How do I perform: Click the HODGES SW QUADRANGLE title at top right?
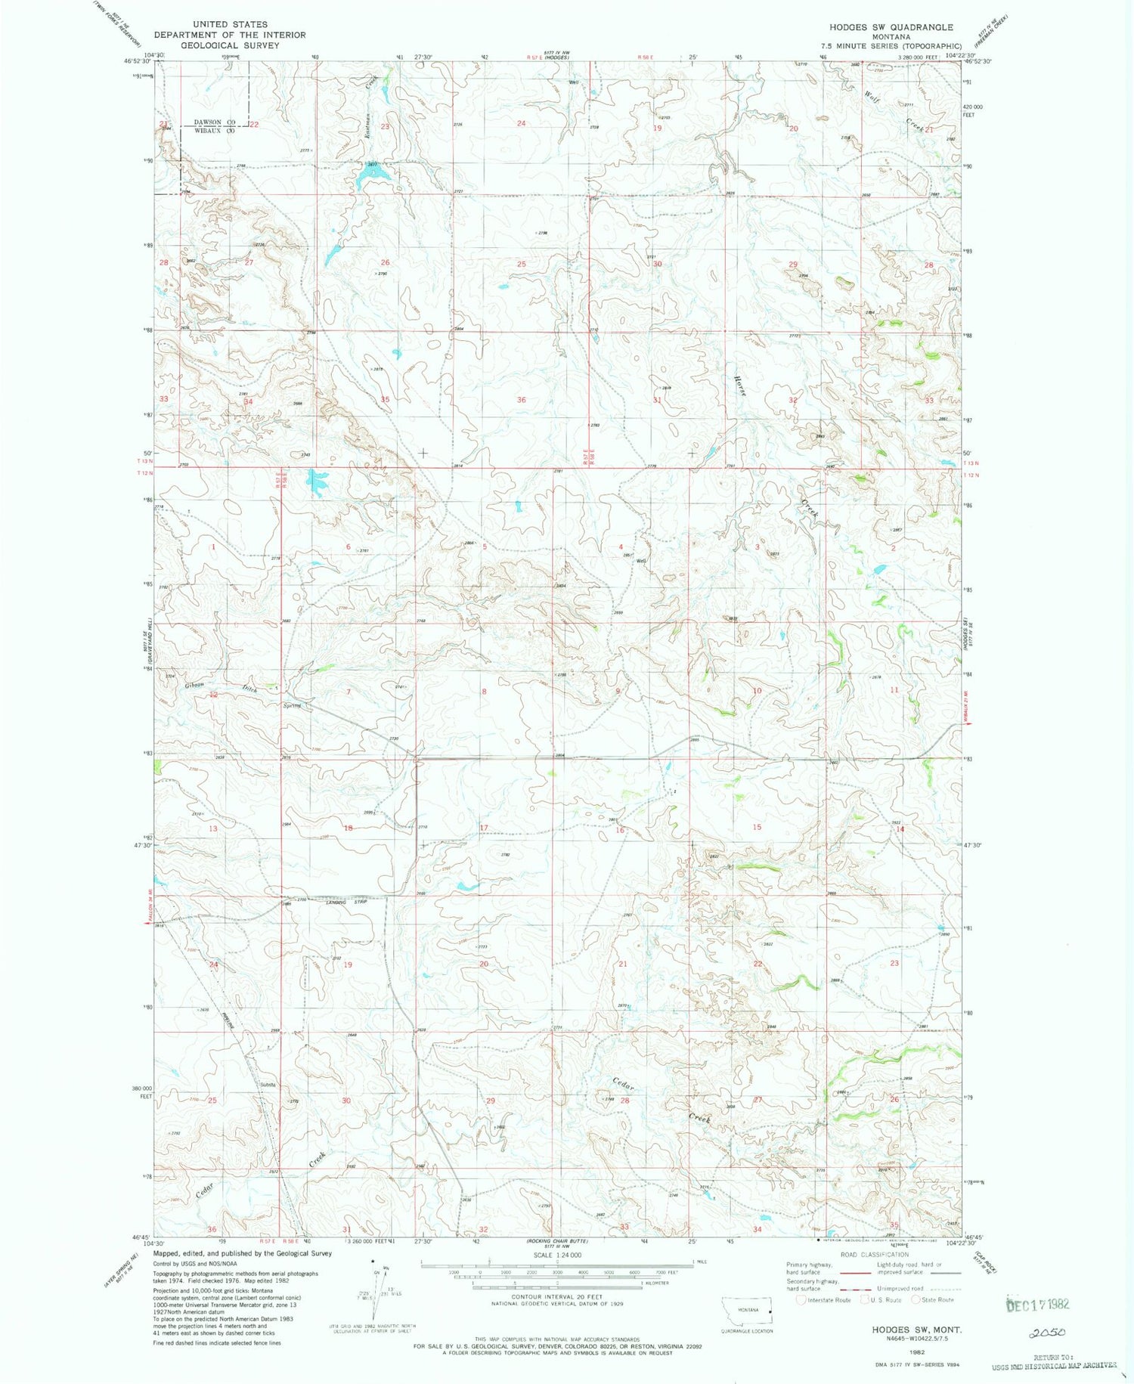pos(891,27)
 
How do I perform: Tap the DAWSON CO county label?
pos(215,122)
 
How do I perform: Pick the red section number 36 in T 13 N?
pos(521,399)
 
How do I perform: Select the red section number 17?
pos(484,828)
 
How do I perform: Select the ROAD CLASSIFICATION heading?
pos(874,1254)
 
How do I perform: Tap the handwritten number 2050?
pos(1046,1333)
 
